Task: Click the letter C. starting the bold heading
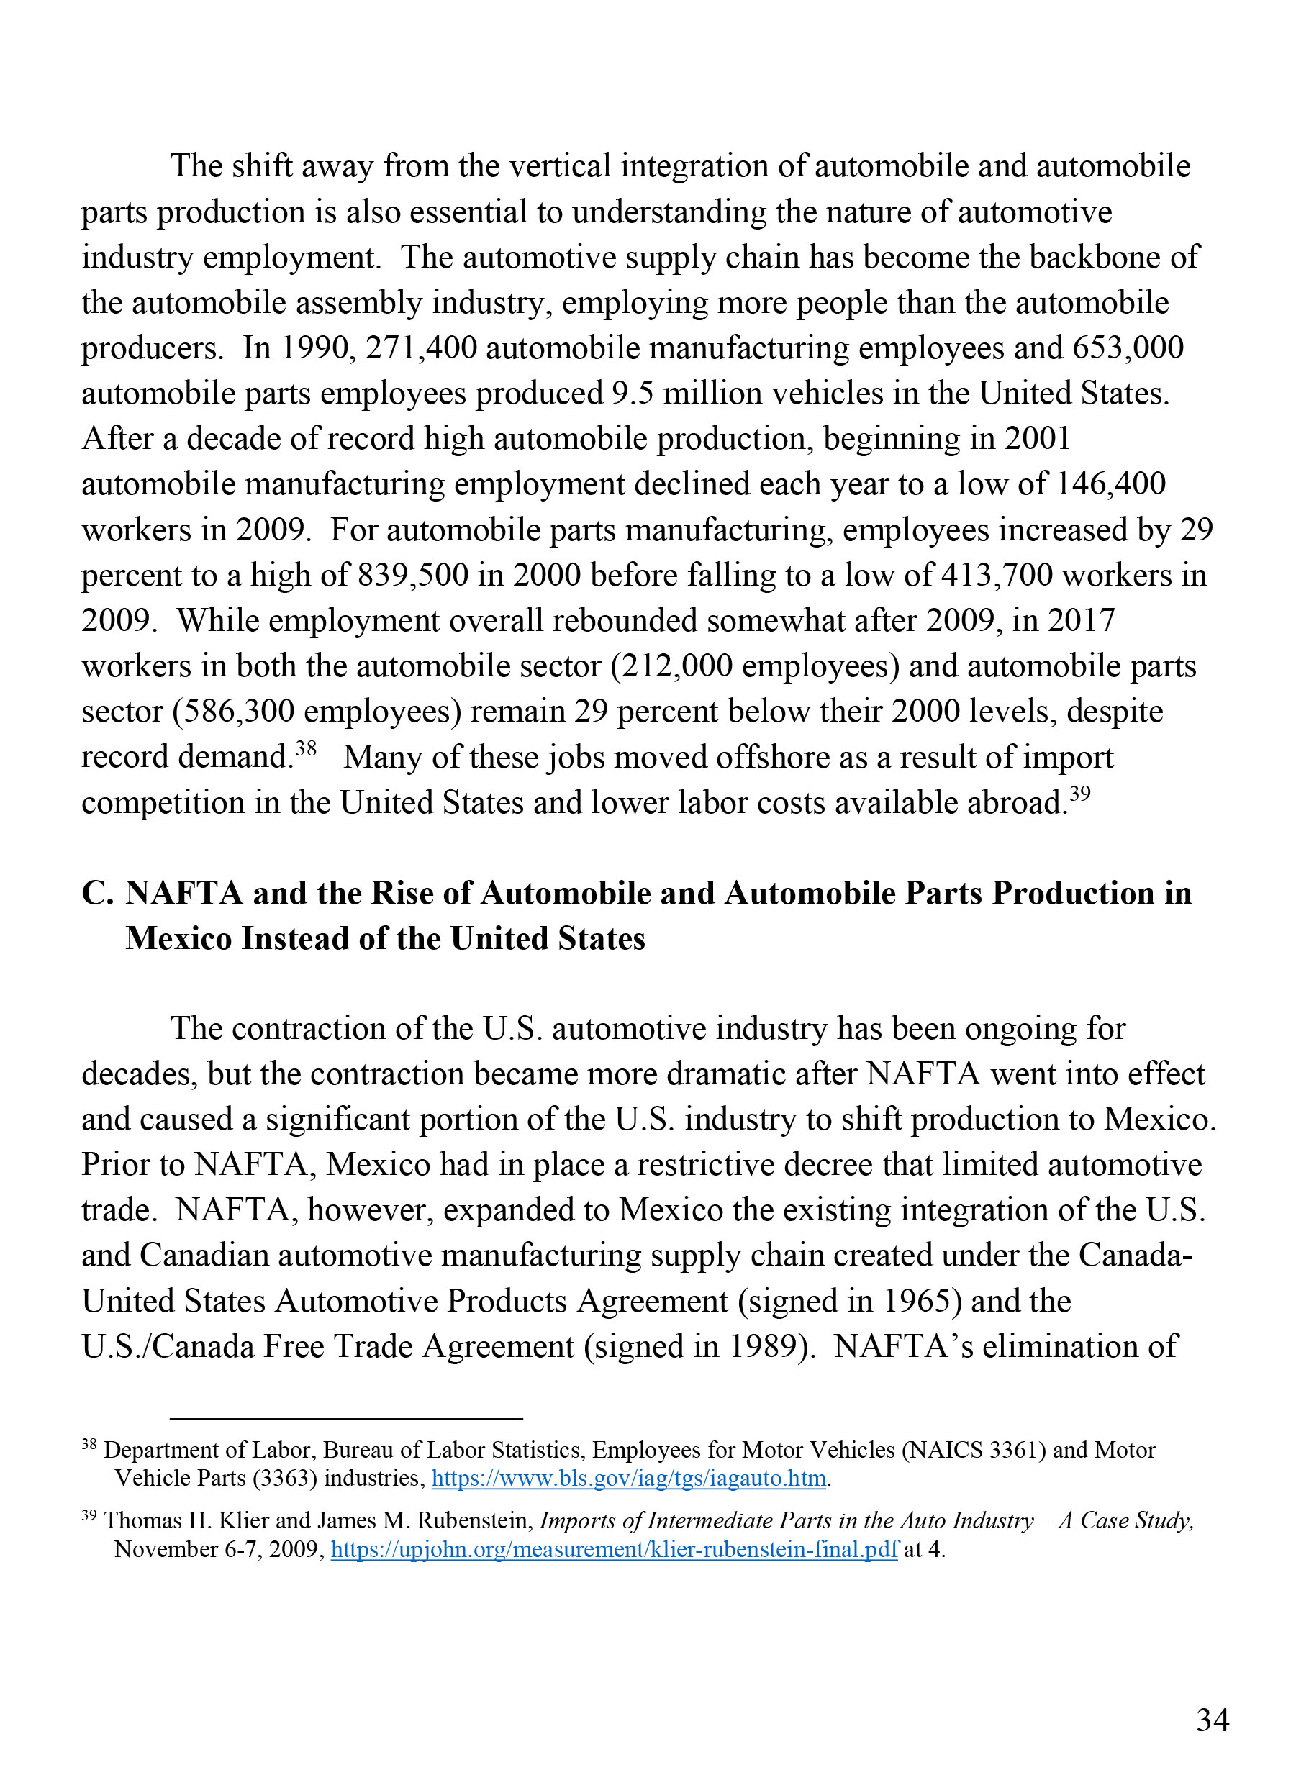[99, 893]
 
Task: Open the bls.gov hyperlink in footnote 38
[628, 1478]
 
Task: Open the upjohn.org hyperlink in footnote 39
[614, 1549]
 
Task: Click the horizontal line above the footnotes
[346, 1418]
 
